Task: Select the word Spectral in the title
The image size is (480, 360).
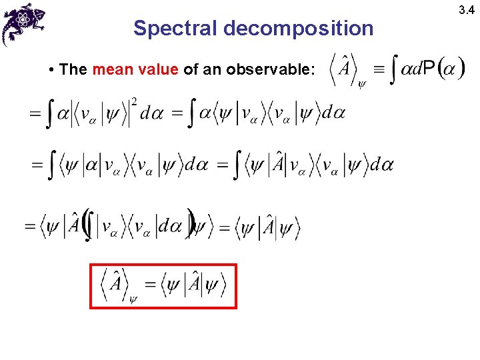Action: (175, 28)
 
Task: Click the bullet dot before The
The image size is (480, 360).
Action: (51, 70)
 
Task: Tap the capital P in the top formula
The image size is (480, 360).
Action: (429, 69)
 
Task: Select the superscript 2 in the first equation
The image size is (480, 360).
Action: (135, 101)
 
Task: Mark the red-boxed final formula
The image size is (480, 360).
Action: (163, 286)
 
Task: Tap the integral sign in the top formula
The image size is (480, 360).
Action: (395, 69)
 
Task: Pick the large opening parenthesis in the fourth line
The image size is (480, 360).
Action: (86, 227)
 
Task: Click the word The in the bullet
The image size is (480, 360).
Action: (73, 69)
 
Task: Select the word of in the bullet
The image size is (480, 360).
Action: (191, 69)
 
